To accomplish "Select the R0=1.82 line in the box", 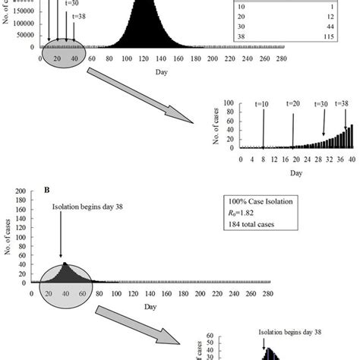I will coord(248,213).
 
